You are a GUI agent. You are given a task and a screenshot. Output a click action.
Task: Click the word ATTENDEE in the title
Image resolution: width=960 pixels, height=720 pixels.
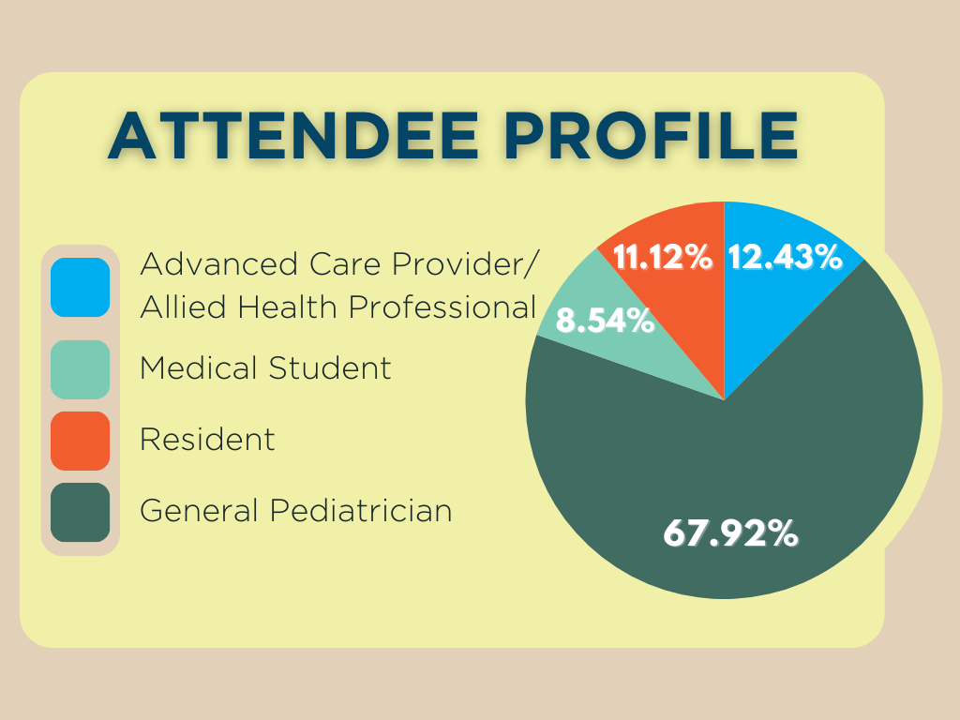pyautogui.click(x=293, y=136)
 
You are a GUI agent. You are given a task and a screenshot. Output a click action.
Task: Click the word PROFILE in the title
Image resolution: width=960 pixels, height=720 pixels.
pyautogui.click(x=652, y=136)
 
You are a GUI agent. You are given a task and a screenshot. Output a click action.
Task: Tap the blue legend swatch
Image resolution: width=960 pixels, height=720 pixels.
pyautogui.click(x=81, y=287)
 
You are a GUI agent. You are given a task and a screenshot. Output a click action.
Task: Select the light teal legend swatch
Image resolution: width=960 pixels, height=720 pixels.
pyautogui.click(x=81, y=369)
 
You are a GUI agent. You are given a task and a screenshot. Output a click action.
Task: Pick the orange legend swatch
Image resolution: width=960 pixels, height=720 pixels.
pyautogui.click(x=81, y=441)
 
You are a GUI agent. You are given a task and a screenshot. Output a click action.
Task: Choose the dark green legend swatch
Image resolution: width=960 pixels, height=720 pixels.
pyautogui.click(x=81, y=513)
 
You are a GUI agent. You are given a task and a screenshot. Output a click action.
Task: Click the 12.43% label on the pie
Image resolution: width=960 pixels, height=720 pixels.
pyautogui.click(x=785, y=257)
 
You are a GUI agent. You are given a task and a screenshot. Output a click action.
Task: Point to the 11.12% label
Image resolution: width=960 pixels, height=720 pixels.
pyautogui.click(x=663, y=257)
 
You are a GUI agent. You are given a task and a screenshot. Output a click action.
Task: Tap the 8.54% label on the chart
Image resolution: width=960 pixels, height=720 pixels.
pyautogui.click(x=605, y=321)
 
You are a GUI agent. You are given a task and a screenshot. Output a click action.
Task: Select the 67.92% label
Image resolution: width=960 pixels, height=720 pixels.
pyautogui.click(x=731, y=532)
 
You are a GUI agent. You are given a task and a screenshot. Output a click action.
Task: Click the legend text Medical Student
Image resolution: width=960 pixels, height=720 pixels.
pyautogui.click(x=265, y=367)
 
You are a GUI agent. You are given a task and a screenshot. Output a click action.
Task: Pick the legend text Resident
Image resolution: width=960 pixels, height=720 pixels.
pyautogui.click(x=207, y=439)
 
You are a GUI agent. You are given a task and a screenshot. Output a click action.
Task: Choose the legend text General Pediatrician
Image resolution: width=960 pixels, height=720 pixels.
pyautogui.click(x=295, y=511)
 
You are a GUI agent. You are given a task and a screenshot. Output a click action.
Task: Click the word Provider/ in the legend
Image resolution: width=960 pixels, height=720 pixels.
pyautogui.click(x=465, y=264)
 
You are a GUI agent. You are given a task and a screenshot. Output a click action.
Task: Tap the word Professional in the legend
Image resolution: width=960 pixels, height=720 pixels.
pyautogui.click(x=442, y=307)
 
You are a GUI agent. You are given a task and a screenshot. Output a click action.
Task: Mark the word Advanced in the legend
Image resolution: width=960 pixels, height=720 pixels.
pyautogui.click(x=219, y=263)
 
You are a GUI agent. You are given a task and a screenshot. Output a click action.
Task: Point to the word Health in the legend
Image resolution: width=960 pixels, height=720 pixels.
pyautogui.click(x=288, y=307)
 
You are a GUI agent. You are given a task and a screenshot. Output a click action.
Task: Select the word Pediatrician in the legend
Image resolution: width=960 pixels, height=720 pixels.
pyautogui.click(x=361, y=511)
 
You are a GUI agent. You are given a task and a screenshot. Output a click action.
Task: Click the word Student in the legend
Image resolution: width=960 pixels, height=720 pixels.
pyautogui.click(x=330, y=367)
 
